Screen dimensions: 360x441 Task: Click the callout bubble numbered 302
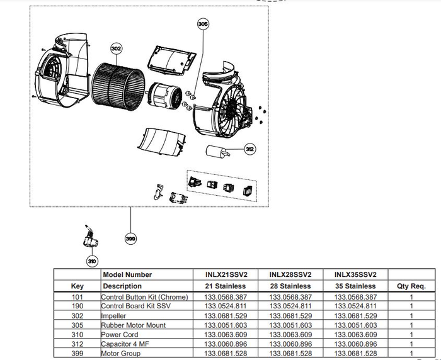pos(116,48)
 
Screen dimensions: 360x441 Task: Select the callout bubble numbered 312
pos(250,149)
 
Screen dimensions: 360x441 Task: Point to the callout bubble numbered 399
pos(130,239)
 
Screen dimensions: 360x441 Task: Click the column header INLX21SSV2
pos(226,274)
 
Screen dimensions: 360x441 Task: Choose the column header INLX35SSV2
pos(355,274)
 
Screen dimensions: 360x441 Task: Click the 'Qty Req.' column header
pos(411,286)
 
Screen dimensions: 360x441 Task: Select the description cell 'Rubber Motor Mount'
pos(134,325)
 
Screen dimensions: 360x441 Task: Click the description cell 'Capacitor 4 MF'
pos(127,345)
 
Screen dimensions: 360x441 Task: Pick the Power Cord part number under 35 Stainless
pos(355,335)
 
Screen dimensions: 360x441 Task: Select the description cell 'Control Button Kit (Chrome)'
pos(145,296)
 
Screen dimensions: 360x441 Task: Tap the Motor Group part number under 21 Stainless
pos(226,354)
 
